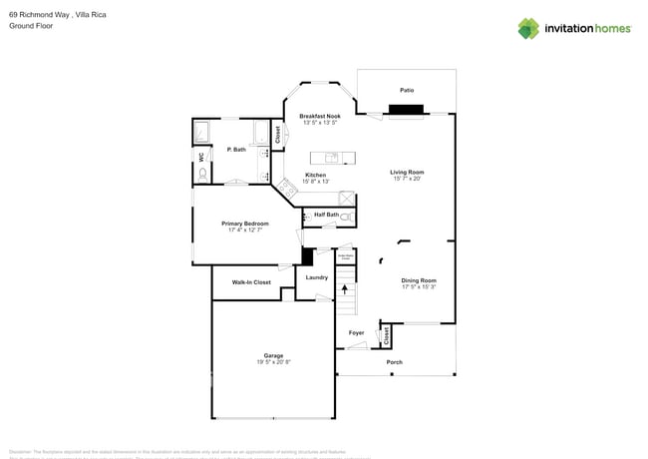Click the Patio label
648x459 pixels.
tap(406, 90)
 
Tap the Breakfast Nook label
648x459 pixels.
tap(319, 116)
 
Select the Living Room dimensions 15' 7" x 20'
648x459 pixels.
tap(406, 180)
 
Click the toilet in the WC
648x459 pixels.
tap(203, 175)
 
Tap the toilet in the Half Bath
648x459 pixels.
tap(346, 216)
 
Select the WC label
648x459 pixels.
tap(200, 157)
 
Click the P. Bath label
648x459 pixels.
tap(236, 150)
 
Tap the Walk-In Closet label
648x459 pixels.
tap(251, 282)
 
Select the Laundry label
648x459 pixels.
tap(317, 277)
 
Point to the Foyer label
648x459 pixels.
tap(356, 332)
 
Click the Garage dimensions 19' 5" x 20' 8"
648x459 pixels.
tap(273, 362)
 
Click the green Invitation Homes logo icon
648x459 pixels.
tap(528, 28)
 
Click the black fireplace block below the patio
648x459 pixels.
tap(406, 110)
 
